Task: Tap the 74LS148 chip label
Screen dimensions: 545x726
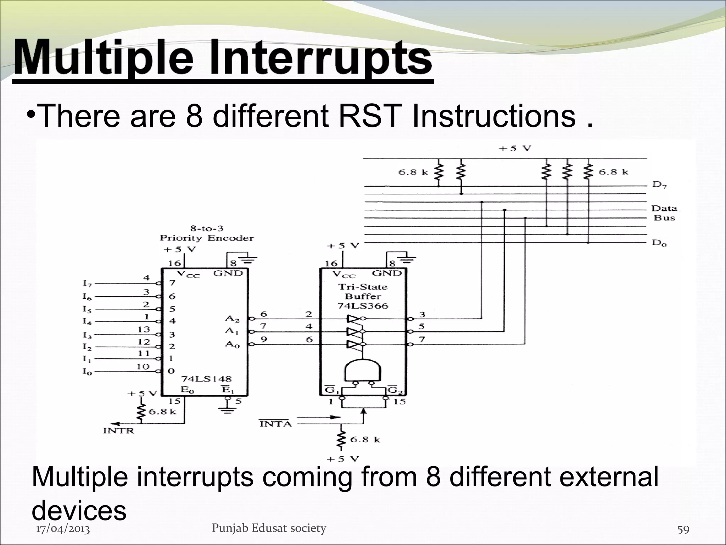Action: pos(206,379)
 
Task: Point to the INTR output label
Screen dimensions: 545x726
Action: pos(119,431)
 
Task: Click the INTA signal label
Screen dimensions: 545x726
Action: pos(275,423)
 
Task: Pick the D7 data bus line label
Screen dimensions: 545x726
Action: pos(659,185)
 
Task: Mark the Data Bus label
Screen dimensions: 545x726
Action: pos(664,213)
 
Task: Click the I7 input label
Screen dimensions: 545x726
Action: pos(87,283)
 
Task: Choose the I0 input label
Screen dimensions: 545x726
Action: pos(87,372)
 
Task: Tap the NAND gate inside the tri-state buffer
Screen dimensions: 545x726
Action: pos(362,370)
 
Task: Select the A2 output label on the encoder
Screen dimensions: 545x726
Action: pos(232,319)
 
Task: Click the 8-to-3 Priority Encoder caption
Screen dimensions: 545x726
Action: pos(207,233)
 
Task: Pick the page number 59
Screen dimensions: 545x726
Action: pos(683,530)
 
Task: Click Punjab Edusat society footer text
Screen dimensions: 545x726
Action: pos(269,528)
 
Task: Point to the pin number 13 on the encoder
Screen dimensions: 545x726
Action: pos(144,330)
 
